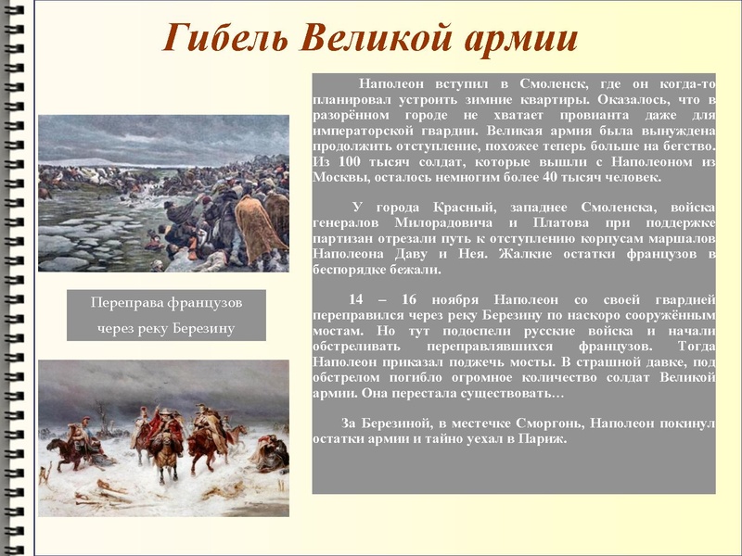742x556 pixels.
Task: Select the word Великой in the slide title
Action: [375, 38]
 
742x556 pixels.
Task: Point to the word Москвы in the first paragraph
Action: [340, 176]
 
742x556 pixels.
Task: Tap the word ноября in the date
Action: [453, 299]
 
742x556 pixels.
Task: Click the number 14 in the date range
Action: [356, 299]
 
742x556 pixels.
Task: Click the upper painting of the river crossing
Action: [163, 193]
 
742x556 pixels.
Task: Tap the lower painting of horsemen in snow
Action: [163, 437]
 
